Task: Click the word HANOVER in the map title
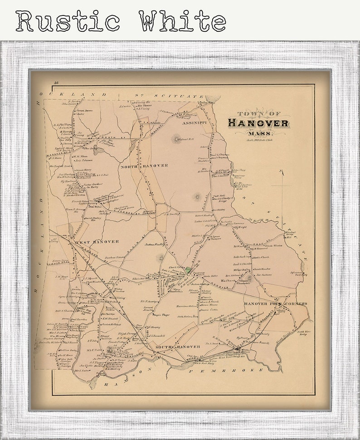[x=258, y=123]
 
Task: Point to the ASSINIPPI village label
[x=195, y=122]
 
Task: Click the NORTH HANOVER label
[x=144, y=166]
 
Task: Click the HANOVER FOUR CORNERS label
[x=275, y=303]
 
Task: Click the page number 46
[x=56, y=82]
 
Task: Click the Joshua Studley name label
[x=154, y=244]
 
